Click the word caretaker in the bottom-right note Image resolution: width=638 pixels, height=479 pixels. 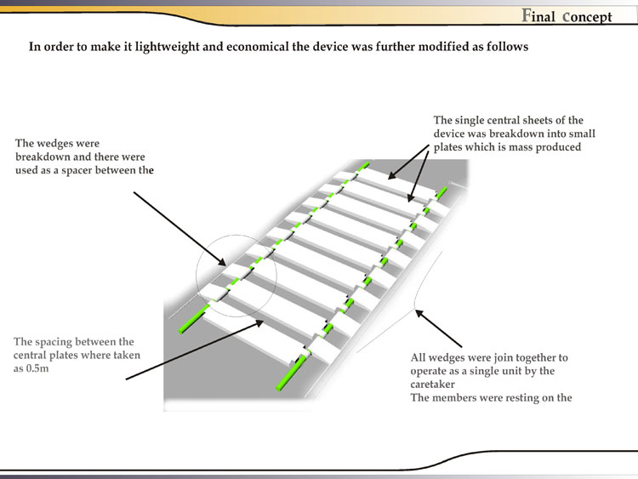[x=436, y=385]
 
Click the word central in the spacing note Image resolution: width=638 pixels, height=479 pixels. [x=35, y=356]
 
